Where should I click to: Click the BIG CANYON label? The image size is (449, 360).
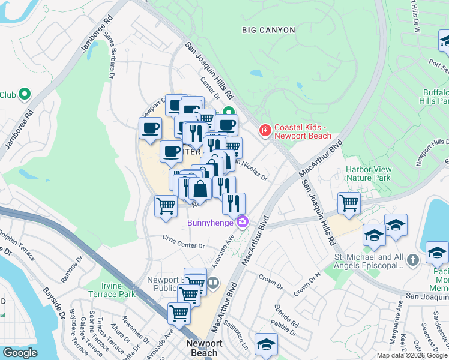268,30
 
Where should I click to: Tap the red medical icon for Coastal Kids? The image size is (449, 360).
264,130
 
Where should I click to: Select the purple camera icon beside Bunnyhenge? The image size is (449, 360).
242,222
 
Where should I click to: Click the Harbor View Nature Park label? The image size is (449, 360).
368,173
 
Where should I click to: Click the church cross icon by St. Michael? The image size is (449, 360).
412,260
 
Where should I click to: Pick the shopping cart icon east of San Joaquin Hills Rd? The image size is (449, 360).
349,203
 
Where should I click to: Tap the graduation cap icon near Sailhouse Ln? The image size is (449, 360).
266,344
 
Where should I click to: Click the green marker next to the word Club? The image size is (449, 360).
25,94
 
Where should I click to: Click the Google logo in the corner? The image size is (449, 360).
20,353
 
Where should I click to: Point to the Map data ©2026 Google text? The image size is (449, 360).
412,355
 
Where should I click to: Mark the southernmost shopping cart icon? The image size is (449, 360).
179,313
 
